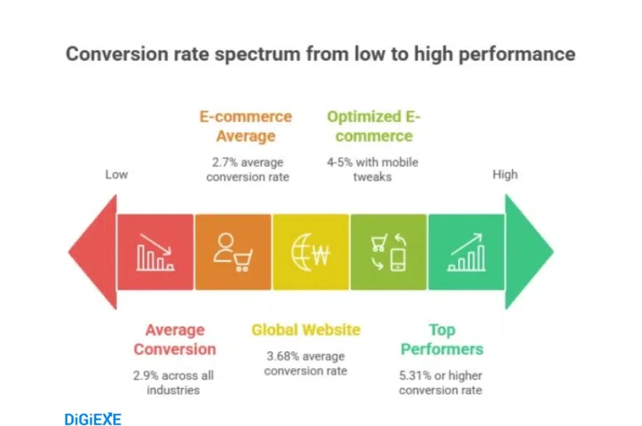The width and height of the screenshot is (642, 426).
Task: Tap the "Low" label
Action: pos(116,174)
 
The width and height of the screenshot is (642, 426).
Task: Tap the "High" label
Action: pos(505,174)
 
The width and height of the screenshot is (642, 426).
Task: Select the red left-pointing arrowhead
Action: pos(93,252)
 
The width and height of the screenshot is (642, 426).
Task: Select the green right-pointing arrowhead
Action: pos(529,252)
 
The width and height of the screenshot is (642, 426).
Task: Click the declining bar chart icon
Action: pos(155,252)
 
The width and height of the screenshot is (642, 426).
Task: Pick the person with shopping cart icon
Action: pos(233,252)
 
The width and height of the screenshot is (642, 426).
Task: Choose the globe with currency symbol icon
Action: pos(310,252)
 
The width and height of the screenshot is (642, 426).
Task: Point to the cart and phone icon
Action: pos(388,252)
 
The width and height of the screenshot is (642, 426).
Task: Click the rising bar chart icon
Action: pos(466,252)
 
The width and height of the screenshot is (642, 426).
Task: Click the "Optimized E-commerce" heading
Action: pos(374,126)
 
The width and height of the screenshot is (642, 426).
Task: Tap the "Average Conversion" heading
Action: pos(174,340)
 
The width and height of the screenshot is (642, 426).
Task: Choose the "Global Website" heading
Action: pos(305,330)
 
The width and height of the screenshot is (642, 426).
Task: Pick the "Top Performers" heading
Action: pos(441,340)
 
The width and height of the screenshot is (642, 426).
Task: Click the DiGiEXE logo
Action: pos(92,419)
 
